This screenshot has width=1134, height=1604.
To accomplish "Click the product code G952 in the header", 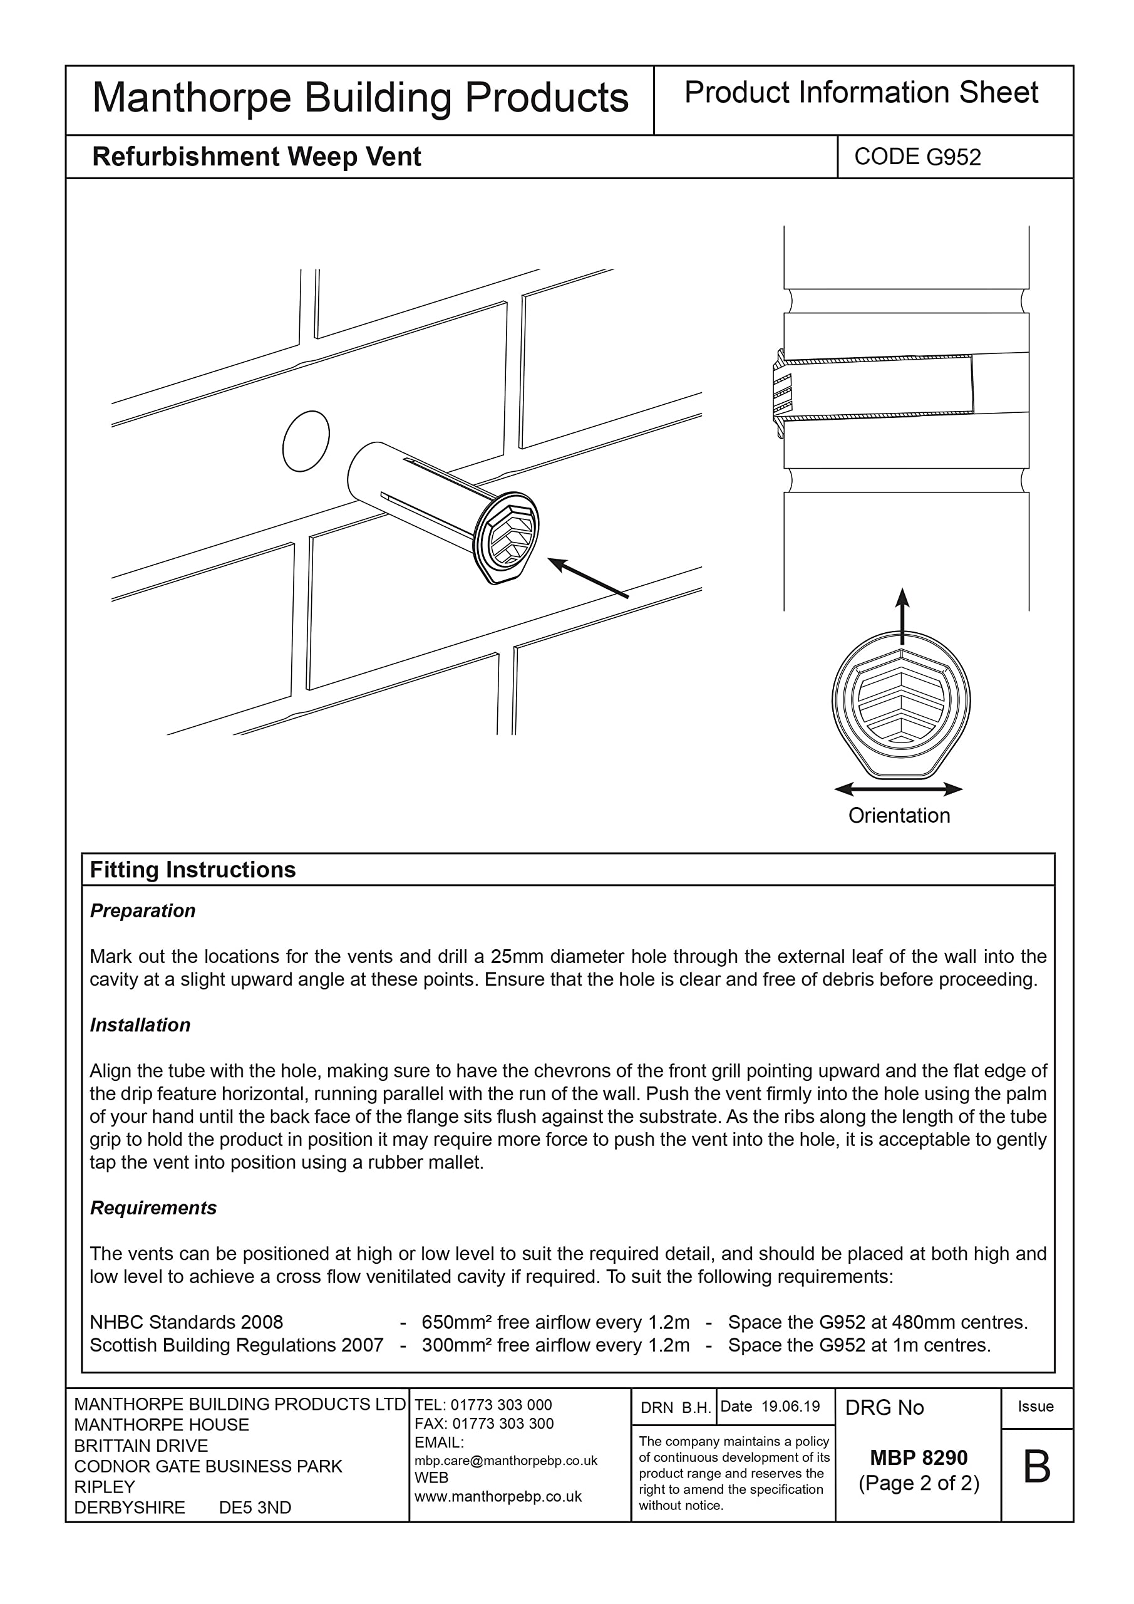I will pos(917,157).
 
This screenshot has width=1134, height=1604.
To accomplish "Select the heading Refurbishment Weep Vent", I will pos(256,157).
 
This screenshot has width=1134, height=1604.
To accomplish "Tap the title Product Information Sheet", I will pos(861,93).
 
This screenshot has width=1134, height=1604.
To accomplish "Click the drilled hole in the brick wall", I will pos(306,441).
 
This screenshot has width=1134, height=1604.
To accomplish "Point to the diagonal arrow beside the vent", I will pos(588,577).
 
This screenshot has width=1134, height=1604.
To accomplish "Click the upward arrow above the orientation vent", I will pos(902,615).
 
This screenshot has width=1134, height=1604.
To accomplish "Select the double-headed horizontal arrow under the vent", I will pos(898,789).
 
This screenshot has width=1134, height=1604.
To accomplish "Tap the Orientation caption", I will pos(899,816).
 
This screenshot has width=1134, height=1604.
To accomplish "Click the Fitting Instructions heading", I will pos(193,870).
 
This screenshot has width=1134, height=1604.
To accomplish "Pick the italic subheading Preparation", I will pos(142,911).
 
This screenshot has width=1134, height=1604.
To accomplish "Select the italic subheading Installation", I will pos(140,1026).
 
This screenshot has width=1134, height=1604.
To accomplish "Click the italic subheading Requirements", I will pos(153,1208).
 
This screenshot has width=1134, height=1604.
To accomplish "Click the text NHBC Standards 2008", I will pos(187,1323).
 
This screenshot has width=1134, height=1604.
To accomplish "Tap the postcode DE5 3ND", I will pos(255,1508).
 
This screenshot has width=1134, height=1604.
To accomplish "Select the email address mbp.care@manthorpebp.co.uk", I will pos(505,1461).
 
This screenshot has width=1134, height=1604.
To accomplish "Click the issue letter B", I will pos(1036,1468).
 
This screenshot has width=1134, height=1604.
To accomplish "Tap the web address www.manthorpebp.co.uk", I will pos(498,1496).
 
